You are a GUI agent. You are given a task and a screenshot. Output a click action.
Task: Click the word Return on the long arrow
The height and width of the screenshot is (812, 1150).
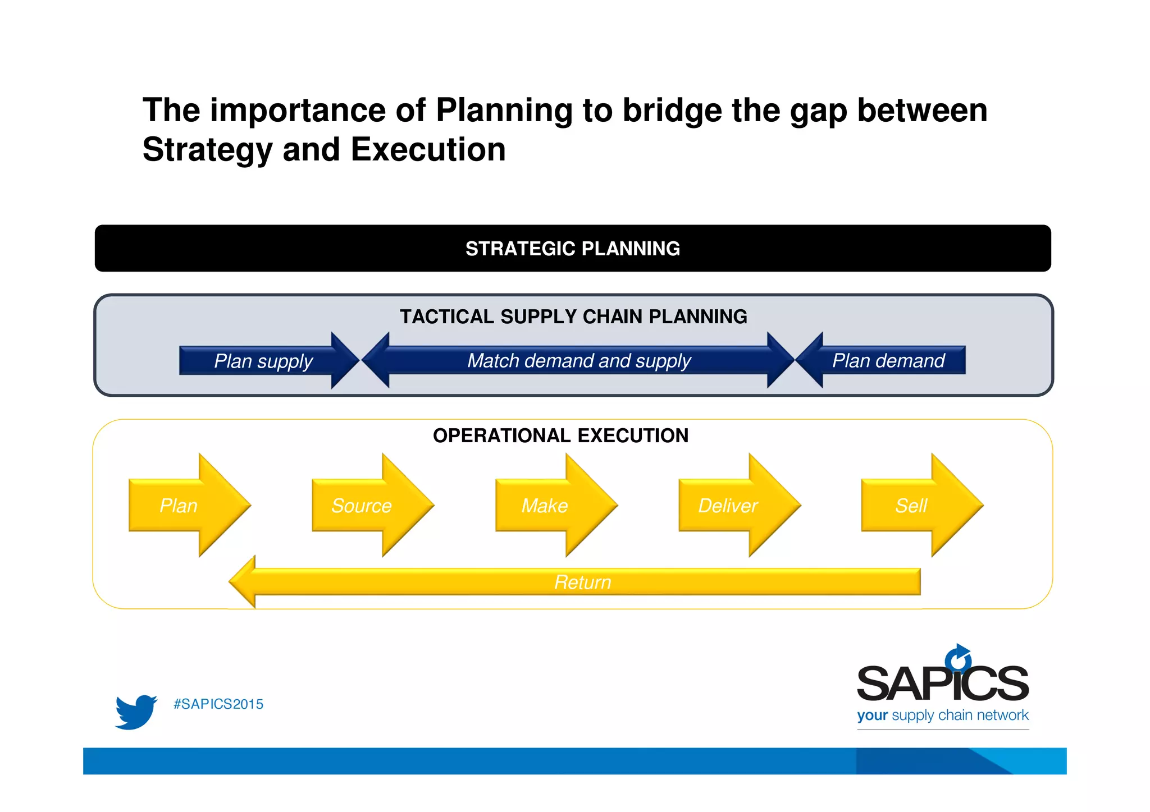click(x=582, y=582)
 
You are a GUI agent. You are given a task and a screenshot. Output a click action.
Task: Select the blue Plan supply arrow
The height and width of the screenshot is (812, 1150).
click(x=264, y=361)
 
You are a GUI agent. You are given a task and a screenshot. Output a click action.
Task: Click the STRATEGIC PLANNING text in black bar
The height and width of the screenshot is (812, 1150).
click(x=572, y=249)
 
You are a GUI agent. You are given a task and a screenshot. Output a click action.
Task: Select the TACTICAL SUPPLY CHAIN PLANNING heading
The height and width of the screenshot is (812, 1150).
click(x=573, y=316)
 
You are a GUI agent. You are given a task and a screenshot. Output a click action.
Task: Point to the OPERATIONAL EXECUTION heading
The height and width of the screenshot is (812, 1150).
click(x=560, y=435)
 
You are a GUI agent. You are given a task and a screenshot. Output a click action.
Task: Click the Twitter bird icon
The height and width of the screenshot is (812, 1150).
click(x=135, y=712)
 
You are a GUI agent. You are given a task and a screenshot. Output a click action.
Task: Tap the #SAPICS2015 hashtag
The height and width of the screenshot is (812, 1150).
click(x=218, y=704)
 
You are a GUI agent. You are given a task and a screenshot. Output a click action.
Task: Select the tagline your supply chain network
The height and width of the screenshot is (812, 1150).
click(x=942, y=715)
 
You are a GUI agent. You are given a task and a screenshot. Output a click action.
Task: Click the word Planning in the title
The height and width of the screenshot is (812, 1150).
click(x=504, y=110)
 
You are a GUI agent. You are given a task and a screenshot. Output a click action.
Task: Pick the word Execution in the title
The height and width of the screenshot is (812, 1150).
click(x=428, y=150)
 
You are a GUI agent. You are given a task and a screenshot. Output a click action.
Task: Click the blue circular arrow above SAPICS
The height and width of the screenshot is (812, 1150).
click(x=958, y=657)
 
